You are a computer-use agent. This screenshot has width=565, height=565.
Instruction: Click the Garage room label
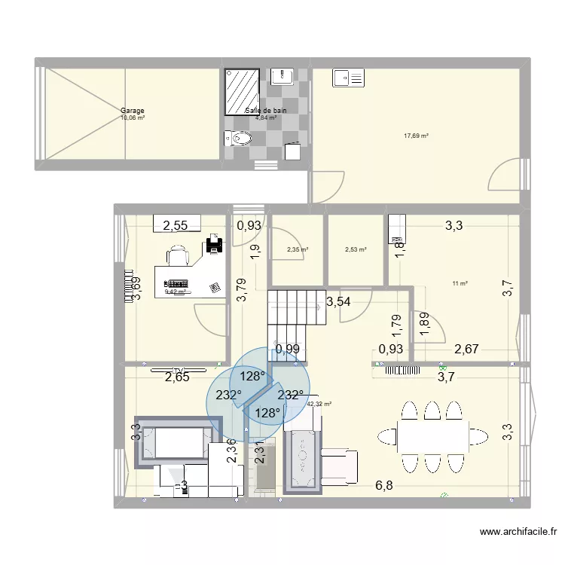(x=133, y=111)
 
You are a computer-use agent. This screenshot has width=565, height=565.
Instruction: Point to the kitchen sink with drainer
(x=349, y=76)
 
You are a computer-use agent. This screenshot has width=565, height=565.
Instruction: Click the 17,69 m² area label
(x=416, y=136)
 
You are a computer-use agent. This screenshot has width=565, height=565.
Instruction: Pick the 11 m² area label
(x=460, y=283)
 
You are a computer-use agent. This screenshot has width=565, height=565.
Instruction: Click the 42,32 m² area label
(x=319, y=404)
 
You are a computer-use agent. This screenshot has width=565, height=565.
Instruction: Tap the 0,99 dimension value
(x=287, y=349)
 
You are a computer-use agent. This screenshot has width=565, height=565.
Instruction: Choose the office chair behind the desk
(x=179, y=258)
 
